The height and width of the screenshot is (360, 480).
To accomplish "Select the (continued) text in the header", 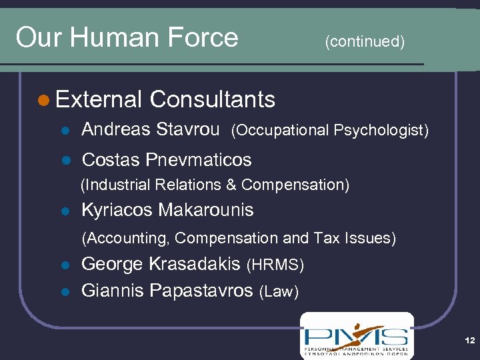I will click(x=364, y=42).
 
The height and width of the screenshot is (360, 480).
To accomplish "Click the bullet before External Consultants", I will click(x=43, y=100).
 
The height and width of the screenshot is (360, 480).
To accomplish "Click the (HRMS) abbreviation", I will click(x=275, y=265).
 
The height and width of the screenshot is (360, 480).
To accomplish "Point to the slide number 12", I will click(x=470, y=341).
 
